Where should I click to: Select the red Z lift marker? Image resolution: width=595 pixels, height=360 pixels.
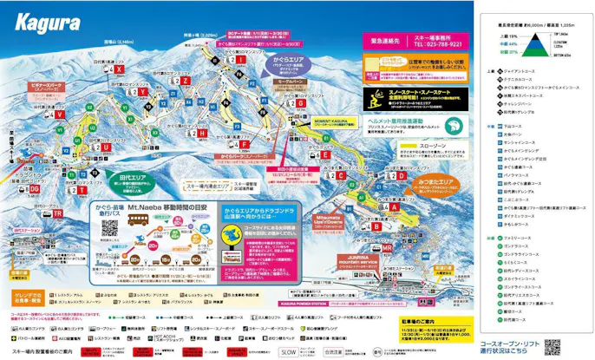coord(186,80)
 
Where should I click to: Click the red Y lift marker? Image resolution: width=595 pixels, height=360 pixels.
coord(142,90)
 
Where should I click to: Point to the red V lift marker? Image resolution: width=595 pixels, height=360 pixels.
coord(60,114)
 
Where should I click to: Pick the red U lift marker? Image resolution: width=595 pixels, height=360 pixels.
coord(106,147)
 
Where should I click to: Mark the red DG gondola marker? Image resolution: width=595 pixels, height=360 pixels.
coord(35,188)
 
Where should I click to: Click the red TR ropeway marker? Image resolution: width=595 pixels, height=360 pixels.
coord(57,213)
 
